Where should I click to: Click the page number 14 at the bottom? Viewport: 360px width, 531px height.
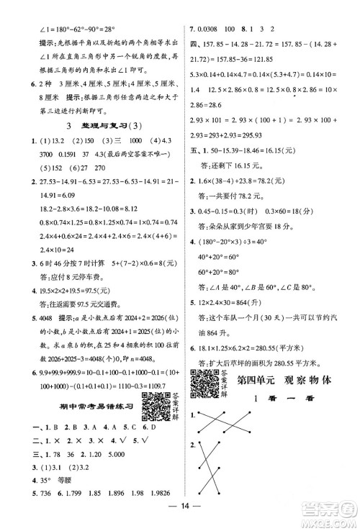click(x=181, y=513)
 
